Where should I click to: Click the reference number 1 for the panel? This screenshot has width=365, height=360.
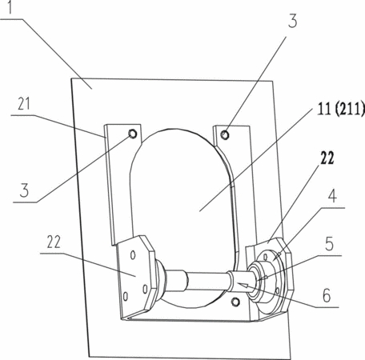point(10,7)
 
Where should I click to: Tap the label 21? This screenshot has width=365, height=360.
point(24,104)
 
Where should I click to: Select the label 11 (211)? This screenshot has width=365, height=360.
point(341,109)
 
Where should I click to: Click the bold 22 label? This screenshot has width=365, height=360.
point(327,158)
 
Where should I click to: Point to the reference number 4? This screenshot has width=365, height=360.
point(332,196)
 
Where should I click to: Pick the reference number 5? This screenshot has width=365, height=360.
point(329,244)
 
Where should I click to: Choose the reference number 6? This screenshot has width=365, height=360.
point(327,295)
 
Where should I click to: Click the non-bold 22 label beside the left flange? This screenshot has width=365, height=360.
point(54,242)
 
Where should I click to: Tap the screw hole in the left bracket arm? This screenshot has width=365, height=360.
point(133,134)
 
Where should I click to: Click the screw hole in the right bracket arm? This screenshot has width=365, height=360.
point(225,135)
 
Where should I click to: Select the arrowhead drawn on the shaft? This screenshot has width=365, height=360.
point(246,286)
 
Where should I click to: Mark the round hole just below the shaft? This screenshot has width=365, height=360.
point(235,302)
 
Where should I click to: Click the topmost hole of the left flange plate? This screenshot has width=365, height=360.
point(133,255)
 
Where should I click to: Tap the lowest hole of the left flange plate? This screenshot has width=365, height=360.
point(125,296)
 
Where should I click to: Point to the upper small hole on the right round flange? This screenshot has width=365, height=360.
point(265,257)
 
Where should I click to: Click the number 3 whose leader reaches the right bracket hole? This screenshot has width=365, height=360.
point(292,21)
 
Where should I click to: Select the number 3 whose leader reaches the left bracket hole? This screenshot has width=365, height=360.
point(24,190)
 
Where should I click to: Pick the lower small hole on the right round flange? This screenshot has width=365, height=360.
point(278,290)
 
